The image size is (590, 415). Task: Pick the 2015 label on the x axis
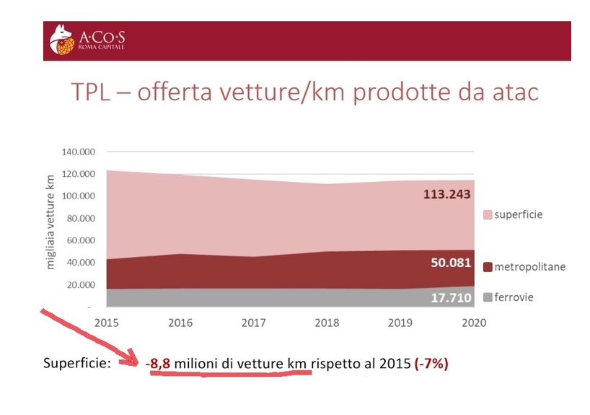click(106, 323)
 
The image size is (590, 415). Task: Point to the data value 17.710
click(451, 297)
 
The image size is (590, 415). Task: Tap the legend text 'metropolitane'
click(529, 267)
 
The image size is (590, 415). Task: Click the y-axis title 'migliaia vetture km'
click(50, 222)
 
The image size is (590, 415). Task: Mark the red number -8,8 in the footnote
click(157, 364)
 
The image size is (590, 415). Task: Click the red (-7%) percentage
click(431, 364)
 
